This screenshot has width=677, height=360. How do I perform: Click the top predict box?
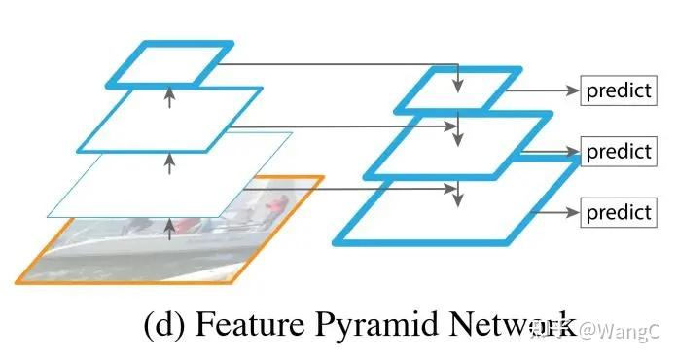(x=618, y=91)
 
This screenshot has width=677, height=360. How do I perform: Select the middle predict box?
(x=618, y=152)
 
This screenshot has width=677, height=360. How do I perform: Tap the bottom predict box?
(x=618, y=211)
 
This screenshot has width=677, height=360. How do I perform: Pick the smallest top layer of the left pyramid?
(x=170, y=63)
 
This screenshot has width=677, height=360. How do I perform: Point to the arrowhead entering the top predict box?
(x=574, y=91)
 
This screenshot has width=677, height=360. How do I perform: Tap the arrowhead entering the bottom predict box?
(x=574, y=211)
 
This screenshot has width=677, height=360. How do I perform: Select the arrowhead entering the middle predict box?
(x=574, y=152)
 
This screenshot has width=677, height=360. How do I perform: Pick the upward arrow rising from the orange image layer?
(x=170, y=228)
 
